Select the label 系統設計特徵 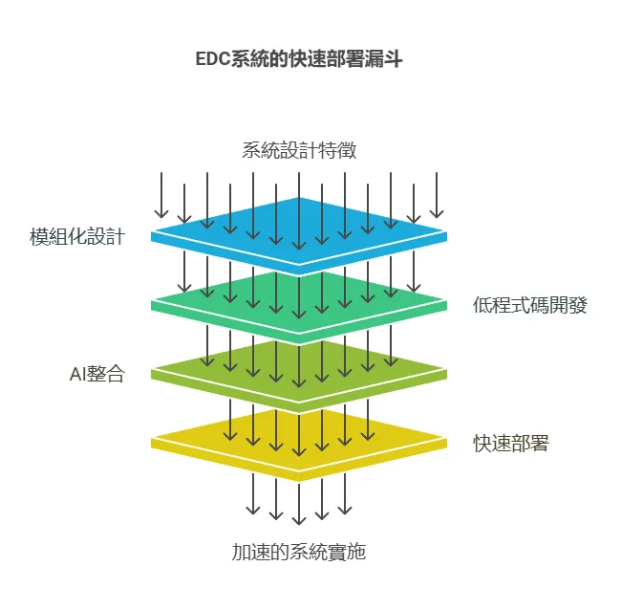pyautogui.click(x=299, y=150)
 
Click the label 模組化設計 pyautogui.click(x=76, y=237)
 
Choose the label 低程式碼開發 pyautogui.click(x=529, y=306)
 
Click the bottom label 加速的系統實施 pyautogui.click(x=299, y=552)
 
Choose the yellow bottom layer pyautogui.click(x=299, y=443)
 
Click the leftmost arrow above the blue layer pyautogui.click(x=161, y=196)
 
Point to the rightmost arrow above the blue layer pyautogui.click(x=437, y=196)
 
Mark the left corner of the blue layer pyautogui.click(x=155, y=233)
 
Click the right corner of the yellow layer pyautogui.click(x=443, y=441)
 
